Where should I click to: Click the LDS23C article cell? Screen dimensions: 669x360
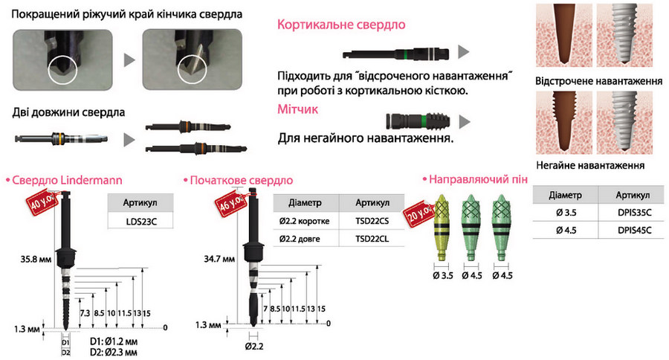[141, 222]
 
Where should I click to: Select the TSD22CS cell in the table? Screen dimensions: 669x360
[372, 221]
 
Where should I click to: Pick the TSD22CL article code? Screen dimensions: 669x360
[372, 239]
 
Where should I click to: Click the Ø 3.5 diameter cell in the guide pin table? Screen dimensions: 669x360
[566, 212]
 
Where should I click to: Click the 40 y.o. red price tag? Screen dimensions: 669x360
[42, 202]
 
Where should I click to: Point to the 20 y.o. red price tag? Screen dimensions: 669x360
[419, 213]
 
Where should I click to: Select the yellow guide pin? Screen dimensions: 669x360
[442, 227]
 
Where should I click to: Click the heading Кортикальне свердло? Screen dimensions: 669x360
[341, 25]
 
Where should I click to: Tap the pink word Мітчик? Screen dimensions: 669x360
[298, 109]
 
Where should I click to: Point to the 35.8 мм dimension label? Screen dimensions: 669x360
[36, 259]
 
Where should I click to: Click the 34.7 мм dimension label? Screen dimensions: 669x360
[219, 259]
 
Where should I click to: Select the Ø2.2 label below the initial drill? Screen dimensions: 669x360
[254, 347]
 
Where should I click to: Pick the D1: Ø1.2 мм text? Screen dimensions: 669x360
[114, 341]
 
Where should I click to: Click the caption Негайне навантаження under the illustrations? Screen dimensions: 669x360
[590, 165]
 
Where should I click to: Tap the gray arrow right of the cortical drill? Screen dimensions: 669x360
[463, 51]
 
